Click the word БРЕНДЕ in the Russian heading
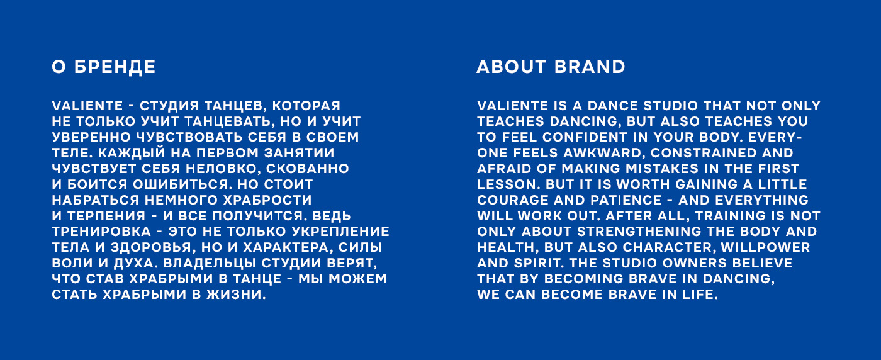pyautogui.click(x=115, y=67)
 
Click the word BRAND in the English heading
pyautogui.click(x=590, y=67)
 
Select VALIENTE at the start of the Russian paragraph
pyautogui.click(x=87, y=106)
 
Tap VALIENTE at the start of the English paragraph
pyautogui.click(x=512, y=106)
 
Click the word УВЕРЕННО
pyautogui.click(x=91, y=137)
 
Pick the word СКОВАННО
pyautogui.click(x=308, y=169)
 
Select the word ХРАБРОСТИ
pyautogui.click(x=267, y=200)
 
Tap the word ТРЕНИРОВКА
pyautogui.click(x=101, y=232)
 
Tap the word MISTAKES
pyautogui.click(x=662, y=169)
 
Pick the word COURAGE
pyautogui.click(x=513, y=200)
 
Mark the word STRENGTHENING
pyautogui.click(x=639, y=232)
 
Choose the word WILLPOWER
pyautogui.click(x=765, y=247)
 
